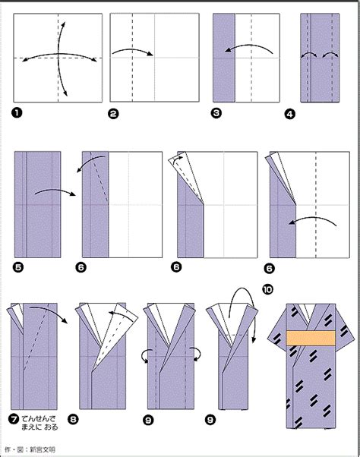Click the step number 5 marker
tap(18, 266)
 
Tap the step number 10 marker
tap(267, 288)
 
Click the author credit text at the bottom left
tap(27, 450)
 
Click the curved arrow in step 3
tap(251, 49)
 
